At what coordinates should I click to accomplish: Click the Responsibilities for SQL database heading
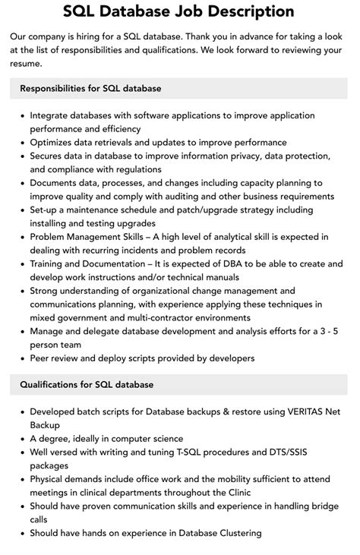pos(90,89)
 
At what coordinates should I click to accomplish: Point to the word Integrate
pos(51,116)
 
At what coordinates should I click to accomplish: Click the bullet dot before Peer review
pos(22,358)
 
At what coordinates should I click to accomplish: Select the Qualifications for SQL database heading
pos(87,385)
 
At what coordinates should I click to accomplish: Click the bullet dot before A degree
pos(22,439)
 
